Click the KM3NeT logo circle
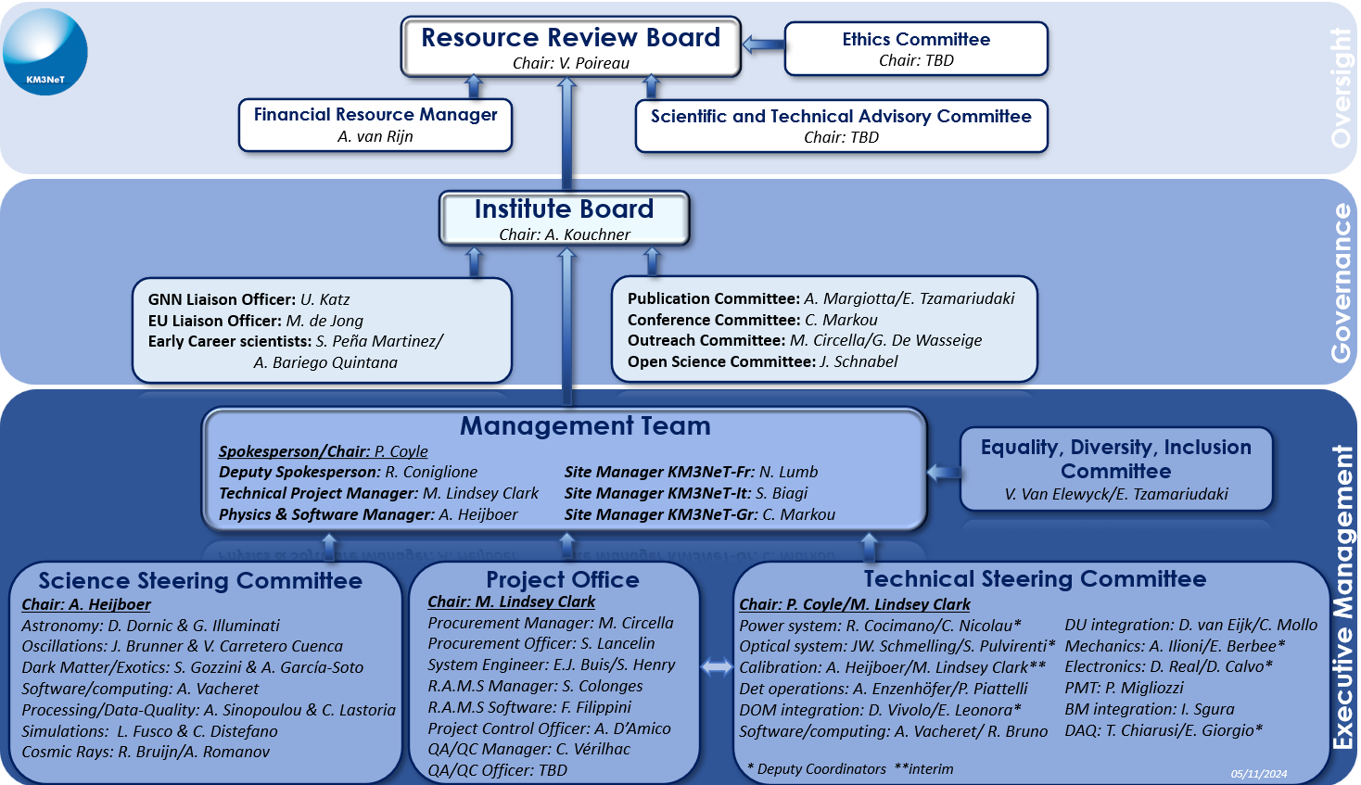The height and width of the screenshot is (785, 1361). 45,52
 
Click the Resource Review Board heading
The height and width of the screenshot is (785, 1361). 570,38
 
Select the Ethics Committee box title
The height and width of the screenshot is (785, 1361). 916,39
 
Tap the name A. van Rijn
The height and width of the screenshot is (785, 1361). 375,136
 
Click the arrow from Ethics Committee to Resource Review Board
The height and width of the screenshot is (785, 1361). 763,44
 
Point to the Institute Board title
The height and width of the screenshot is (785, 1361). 564,209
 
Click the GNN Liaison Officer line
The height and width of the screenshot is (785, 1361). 248,299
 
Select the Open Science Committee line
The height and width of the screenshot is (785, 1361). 762,361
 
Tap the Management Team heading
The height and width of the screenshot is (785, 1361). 584,425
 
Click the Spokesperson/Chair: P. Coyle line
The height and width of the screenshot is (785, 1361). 323,451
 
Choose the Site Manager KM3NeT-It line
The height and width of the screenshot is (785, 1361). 685,493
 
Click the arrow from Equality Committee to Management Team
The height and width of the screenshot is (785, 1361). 944,472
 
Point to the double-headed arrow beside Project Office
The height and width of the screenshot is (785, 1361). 717,667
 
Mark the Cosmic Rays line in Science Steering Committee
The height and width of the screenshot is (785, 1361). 146,753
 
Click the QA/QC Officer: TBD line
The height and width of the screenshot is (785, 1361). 497,770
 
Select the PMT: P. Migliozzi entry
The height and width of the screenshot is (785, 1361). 1124,688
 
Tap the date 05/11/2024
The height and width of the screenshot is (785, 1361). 1259,774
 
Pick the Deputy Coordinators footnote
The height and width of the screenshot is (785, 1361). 816,769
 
